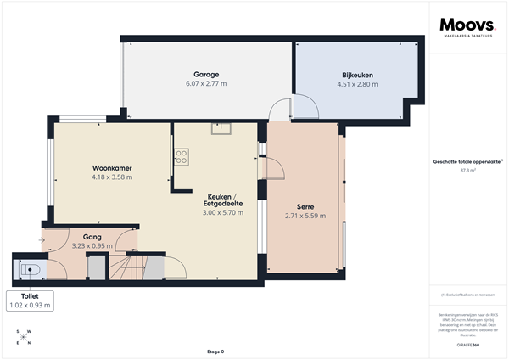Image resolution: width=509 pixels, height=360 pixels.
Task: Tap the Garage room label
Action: click(x=206, y=75)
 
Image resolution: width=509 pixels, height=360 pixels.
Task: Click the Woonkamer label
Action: click(x=111, y=168)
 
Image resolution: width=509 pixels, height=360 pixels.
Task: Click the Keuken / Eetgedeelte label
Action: click(x=222, y=199)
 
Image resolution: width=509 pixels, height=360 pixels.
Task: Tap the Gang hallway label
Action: click(x=92, y=237)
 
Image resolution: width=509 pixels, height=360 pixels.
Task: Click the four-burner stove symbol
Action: click(x=181, y=156)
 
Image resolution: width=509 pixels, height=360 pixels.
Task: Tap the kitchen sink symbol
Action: click(x=221, y=129)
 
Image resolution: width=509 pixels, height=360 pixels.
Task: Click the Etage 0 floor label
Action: click(x=216, y=351)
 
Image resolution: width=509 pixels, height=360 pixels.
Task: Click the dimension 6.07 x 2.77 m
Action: click(x=206, y=84)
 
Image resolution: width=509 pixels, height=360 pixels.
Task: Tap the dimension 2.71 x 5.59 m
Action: click(x=305, y=217)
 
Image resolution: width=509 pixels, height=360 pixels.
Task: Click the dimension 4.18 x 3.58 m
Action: click(x=111, y=177)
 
